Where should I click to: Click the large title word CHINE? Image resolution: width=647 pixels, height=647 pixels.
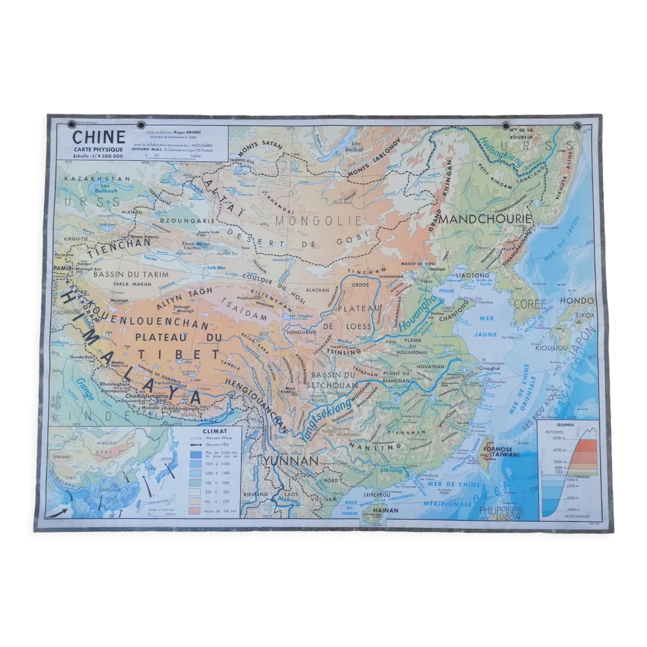pos(99,137)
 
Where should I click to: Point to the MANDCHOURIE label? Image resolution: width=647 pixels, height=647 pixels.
pos(485,219)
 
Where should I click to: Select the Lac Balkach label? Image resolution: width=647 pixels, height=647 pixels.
pos(105,189)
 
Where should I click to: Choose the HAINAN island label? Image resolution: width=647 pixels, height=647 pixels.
pos(386,510)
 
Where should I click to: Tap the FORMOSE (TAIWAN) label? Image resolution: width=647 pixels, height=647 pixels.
pos(501,452)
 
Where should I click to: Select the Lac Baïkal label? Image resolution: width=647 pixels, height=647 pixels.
pos(354,147)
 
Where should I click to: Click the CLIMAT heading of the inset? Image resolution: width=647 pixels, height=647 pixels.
pos(215,431)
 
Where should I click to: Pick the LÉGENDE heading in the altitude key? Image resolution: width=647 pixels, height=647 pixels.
pos(565,425)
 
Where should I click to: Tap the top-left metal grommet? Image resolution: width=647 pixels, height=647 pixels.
pos(71,125)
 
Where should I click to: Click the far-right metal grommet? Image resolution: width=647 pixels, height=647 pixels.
pos(577,126)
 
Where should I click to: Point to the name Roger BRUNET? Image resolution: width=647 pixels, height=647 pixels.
pos(187,132)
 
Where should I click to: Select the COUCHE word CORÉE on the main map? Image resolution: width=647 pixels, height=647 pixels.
pos(530,304)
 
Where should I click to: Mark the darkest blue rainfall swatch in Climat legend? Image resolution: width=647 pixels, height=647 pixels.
pos(196,455)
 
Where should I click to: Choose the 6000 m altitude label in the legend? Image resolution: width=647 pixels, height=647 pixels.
pos(559,438)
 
